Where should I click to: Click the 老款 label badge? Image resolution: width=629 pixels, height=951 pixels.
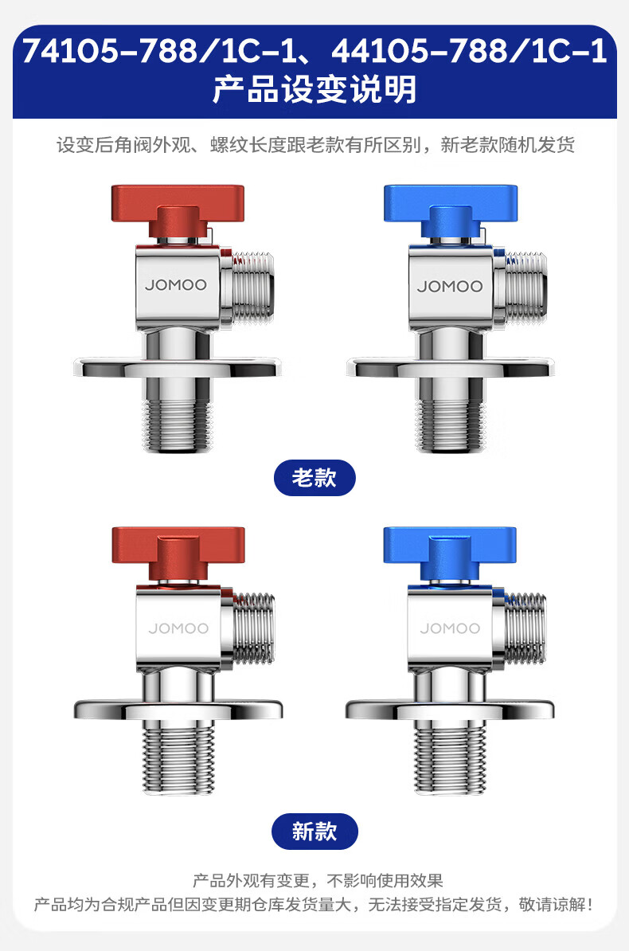tap(314, 478)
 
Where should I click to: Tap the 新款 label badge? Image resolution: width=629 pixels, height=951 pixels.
tap(314, 831)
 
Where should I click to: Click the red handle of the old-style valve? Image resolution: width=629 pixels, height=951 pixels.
tap(178, 209)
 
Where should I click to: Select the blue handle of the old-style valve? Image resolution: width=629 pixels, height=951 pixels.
tap(451, 209)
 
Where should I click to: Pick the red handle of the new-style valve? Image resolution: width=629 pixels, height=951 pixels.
tap(178, 552)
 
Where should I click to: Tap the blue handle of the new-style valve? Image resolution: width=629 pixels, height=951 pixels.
tap(450, 552)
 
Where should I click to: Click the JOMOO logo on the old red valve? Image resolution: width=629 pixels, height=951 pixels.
tap(176, 284)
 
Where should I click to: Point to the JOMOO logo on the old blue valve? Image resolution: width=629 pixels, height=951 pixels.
tap(450, 286)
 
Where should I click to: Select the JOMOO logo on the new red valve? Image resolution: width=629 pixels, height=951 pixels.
tap(178, 628)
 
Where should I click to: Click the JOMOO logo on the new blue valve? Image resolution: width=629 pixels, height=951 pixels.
tap(450, 628)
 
